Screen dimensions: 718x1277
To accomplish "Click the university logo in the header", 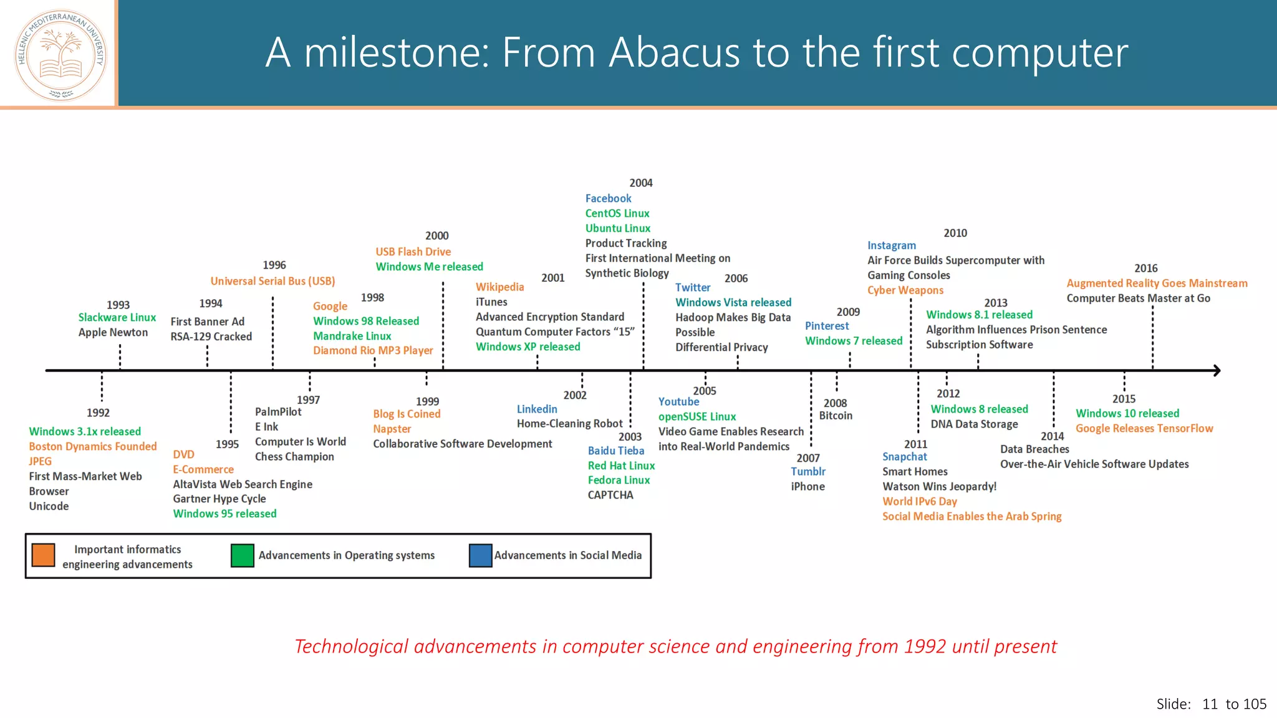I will pyautogui.click(x=60, y=55).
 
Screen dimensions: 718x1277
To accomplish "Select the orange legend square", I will pyautogui.click(x=43, y=555).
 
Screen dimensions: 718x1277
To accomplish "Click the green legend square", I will pyautogui.click(x=242, y=555).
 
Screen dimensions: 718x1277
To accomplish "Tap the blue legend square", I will pyautogui.click(x=480, y=555).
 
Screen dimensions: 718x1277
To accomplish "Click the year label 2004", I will pyautogui.click(x=640, y=183).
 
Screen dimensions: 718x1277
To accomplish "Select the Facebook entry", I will pyautogui.click(x=608, y=198).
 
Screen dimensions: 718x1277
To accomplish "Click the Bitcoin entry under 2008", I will pyautogui.click(x=835, y=416).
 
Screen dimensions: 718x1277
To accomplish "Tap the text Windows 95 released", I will pyautogui.click(x=224, y=514).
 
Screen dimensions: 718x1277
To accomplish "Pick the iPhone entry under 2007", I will pyautogui.click(x=807, y=487).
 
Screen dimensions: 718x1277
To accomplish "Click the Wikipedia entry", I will pyautogui.click(x=499, y=287).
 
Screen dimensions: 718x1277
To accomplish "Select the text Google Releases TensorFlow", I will pyautogui.click(x=1144, y=428).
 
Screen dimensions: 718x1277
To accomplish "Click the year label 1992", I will pyautogui.click(x=98, y=413).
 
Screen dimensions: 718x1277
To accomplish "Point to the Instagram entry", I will pyautogui.click(x=891, y=246).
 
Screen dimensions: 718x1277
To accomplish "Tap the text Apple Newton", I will pyautogui.click(x=113, y=332).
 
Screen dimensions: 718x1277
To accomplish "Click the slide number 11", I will pyautogui.click(x=1210, y=704).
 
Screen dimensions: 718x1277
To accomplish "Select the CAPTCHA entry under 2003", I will pyautogui.click(x=610, y=495).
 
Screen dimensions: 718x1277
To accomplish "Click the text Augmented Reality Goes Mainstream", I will pyautogui.click(x=1157, y=283).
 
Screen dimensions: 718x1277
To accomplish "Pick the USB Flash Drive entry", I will pyautogui.click(x=413, y=251).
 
